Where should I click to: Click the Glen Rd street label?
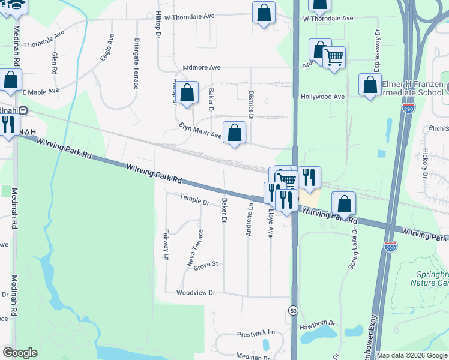click(55, 62)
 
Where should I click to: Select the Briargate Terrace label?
click(137, 64)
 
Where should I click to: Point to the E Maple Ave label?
click(41, 92)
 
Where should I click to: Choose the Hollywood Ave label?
click(322, 97)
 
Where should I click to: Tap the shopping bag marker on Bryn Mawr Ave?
click(235, 133)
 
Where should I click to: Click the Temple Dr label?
click(194, 199)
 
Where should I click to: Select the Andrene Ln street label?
click(250, 219)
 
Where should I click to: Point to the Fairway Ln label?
click(166, 245)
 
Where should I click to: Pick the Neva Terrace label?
click(196, 248)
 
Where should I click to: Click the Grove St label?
click(205, 265)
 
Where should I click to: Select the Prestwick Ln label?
click(255, 332)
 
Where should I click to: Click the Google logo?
click(20, 353)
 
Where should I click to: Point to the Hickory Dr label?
click(424, 164)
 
